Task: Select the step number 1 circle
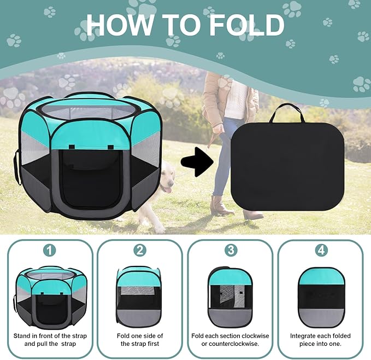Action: click(x=50, y=250)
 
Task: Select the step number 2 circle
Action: click(x=140, y=250)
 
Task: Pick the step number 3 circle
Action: click(x=230, y=250)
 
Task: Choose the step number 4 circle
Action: click(x=320, y=250)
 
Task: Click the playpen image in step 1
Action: click(x=50, y=295)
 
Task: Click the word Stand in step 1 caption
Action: click(x=25, y=335)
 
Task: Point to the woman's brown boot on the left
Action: click(x=218, y=206)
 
